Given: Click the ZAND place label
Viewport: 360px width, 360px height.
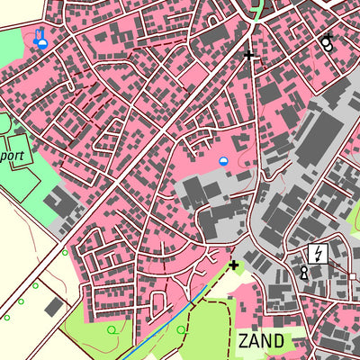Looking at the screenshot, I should tap(262, 341).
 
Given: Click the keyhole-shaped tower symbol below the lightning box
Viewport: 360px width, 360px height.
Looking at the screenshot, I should tap(304, 273).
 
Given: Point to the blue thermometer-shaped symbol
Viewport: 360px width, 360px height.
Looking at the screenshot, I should tap(40, 38).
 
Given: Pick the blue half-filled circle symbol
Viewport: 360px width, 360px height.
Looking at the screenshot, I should tap(224, 160).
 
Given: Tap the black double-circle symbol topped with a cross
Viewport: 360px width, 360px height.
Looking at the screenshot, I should tap(326, 40).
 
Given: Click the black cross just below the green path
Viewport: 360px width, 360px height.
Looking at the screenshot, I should tap(249, 55).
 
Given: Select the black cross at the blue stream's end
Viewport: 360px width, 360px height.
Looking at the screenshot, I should tap(234, 265).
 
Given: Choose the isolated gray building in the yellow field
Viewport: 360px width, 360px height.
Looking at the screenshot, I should tap(54, 308).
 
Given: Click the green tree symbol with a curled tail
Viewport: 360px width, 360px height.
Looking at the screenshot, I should tap(112, 330).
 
